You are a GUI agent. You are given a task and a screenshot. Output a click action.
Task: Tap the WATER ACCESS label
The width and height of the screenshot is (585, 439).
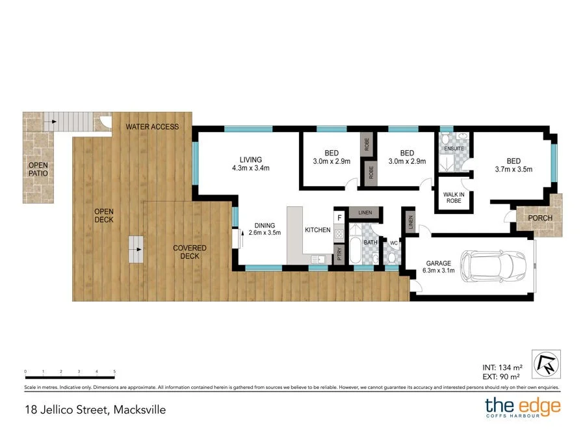[152, 127]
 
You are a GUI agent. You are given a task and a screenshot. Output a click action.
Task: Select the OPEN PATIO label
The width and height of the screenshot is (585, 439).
[38, 169]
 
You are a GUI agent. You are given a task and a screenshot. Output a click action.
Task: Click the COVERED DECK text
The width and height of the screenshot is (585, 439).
[189, 252]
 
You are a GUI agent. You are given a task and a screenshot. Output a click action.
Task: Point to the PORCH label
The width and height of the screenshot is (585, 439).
[539, 219]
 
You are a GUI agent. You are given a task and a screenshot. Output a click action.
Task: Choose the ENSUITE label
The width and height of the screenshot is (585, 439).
[454, 149]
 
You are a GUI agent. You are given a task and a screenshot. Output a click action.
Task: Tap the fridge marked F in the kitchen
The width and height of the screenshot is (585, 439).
[339, 218]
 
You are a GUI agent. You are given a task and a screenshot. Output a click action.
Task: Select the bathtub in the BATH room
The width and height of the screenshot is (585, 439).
[356, 249]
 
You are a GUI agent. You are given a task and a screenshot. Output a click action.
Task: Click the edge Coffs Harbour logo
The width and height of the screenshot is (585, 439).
[522, 408]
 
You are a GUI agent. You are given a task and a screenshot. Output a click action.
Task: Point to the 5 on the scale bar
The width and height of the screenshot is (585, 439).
[114, 371]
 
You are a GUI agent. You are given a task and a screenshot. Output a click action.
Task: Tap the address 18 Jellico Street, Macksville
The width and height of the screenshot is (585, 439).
[91, 410]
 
